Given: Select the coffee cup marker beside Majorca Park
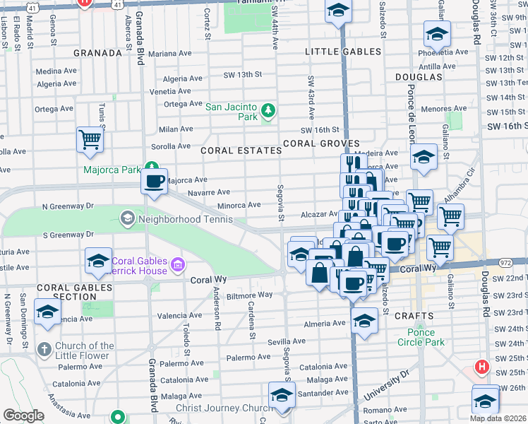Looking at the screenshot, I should point(154,181).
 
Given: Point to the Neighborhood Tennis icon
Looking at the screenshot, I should point(127,219).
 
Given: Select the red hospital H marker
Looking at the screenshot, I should point(482,367).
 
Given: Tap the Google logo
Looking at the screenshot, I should point(23,416).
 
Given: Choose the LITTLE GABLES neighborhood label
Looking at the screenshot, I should point(343,52).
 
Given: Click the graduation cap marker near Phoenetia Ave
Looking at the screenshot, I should point(437,33).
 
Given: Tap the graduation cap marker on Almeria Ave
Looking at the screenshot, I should point(364,320).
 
